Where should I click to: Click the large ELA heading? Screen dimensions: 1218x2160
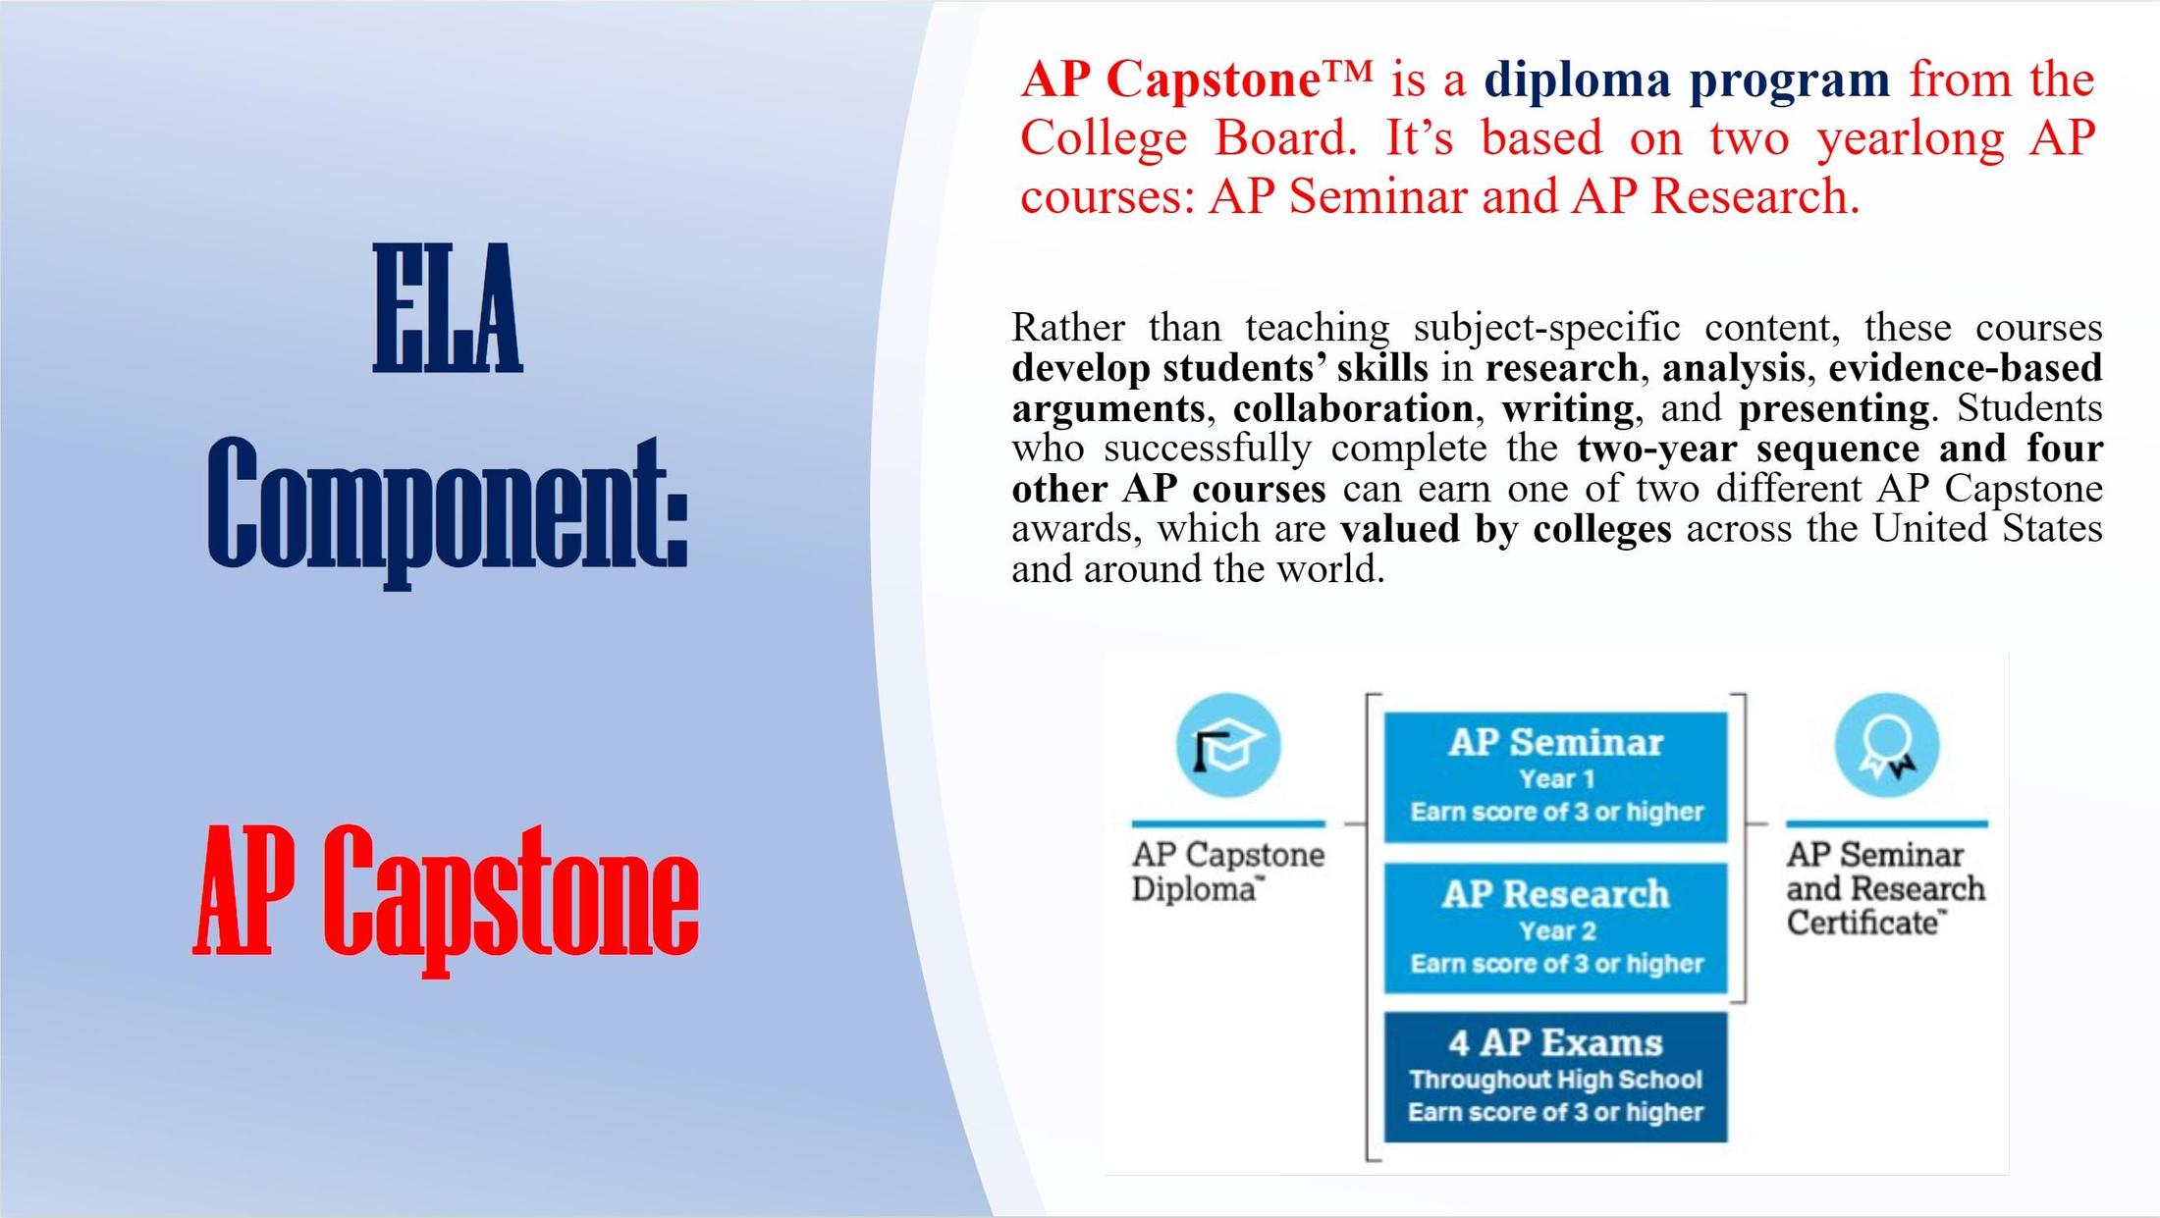tap(447, 308)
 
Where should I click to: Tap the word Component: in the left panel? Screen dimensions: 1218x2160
tap(447, 505)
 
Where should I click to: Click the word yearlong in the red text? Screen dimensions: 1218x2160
tap(1910, 137)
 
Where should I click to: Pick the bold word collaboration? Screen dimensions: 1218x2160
tap(1352, 407)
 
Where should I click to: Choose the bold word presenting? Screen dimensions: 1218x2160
tap(1833, 407)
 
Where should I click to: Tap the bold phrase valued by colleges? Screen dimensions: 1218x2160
tap(1505, 528)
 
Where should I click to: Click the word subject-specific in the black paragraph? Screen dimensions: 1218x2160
tap(1546, 326)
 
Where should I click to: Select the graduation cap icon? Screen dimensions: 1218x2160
tap(1227, 746)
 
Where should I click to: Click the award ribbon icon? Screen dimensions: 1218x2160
tap(1886, 746)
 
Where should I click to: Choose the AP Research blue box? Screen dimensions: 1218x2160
tap(1555, 927)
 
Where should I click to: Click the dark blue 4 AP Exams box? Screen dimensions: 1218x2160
tap(1555, 1077)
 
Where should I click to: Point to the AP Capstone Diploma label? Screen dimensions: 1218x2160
tap(1227, 871)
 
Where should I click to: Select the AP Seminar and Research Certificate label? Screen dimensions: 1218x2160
tap(1885, 887)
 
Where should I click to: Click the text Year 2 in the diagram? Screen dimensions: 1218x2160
tap(1557, 929)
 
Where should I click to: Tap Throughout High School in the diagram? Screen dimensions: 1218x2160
tap(1555, 1079)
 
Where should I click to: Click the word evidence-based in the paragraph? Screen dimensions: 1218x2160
tap(1965, 367)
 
